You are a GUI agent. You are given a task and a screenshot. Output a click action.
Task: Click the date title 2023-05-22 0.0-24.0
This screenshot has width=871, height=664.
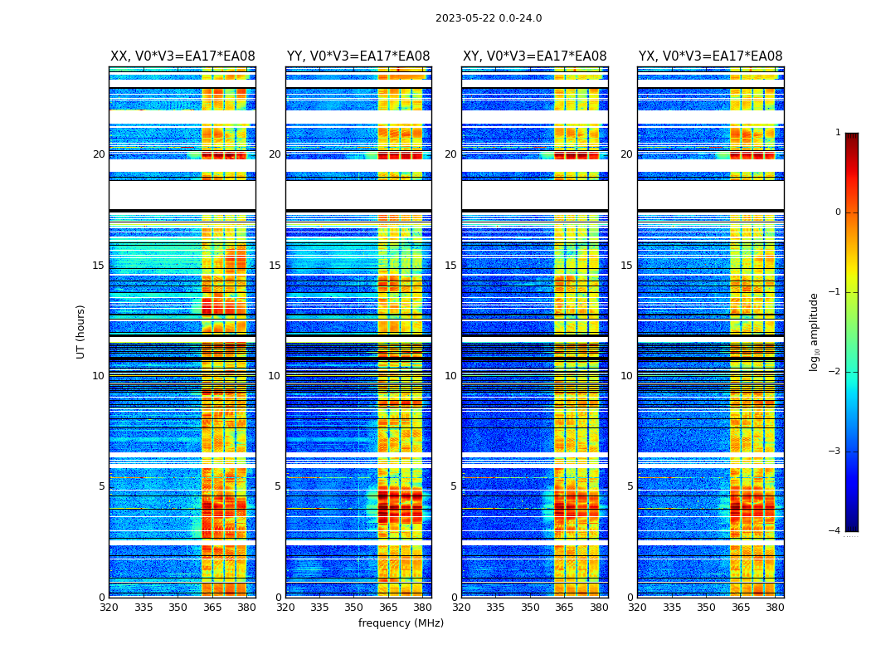[489, 18]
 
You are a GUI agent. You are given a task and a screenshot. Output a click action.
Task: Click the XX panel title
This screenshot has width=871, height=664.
[182, 56]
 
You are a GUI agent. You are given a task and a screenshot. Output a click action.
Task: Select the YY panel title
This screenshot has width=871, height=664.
[358, 56]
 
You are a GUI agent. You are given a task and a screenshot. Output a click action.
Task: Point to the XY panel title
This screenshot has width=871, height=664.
[534, 56]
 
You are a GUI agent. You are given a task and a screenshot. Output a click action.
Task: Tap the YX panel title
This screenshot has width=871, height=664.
[710, 56]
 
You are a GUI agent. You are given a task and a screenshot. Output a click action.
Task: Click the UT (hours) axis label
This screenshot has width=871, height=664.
[81, 331]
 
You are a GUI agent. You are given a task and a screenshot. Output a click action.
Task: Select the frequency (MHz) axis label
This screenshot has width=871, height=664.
[401, 623]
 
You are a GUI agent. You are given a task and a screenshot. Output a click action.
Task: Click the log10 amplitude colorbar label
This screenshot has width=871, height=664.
[815, 331]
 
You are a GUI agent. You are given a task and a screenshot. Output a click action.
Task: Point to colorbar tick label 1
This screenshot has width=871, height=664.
[838, 133]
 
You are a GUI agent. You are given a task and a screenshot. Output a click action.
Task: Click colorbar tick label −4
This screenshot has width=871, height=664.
[835, 531]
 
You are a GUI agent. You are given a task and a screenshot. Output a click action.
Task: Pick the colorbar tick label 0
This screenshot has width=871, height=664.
[838, 212]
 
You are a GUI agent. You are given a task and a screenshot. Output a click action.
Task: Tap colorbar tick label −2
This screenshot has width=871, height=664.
[835, 372]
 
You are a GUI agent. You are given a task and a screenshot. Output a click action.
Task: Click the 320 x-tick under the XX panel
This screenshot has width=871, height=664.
[109, 608]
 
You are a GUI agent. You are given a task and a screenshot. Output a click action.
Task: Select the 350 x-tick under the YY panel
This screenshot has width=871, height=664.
[354, 608]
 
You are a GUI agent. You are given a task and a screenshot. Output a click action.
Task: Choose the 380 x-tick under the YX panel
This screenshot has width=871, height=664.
[775, 608]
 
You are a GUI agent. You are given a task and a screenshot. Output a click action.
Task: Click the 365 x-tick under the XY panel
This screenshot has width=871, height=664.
[564, 608]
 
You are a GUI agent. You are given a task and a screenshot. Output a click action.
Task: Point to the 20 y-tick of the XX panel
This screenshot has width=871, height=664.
[99, 154]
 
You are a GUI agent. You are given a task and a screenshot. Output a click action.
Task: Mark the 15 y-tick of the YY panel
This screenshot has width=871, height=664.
[275, 266]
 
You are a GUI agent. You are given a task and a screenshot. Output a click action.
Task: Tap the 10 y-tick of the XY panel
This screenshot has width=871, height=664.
[450, 376]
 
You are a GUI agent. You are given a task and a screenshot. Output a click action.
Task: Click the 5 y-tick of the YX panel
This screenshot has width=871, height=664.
[630, 486]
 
